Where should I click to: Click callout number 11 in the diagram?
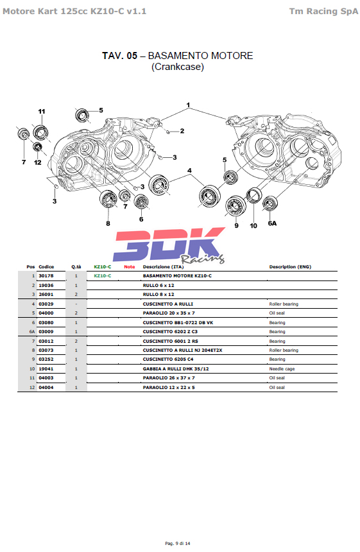pyautogui.click(x=42, y=112)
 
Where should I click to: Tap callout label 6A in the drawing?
pyautogui.click(x=272, y=223)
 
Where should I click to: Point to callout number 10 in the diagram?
pyautogui.click(x=253, y=226)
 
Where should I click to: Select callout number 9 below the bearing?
pyautogui.click(x=237, y=226)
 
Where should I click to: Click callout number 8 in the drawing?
pyautogui.click(x=108, y=223)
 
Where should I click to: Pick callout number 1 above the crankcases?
pyautogui.click(x=188, y=105)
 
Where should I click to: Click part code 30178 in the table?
pyautogui.click(x=46, y=275)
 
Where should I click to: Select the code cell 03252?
pyautogui.click(x=46, y=359)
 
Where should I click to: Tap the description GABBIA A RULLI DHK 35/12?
pyautogui.click(x=176, y=368)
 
